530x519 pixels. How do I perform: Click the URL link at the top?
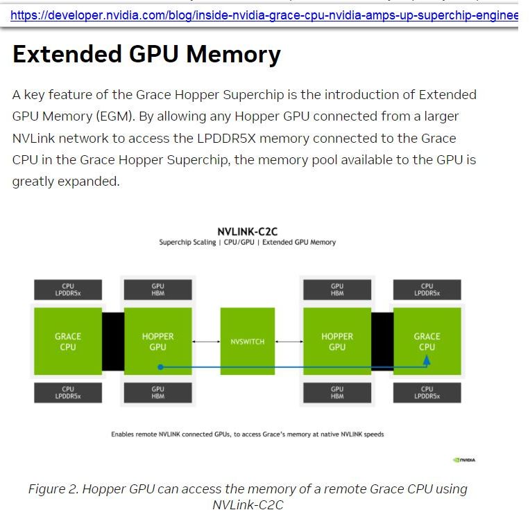click(x=264, y=15)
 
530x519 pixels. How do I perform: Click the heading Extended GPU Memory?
click(x=146, y=54)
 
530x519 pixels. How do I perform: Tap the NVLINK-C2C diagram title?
click(x=248, y=232)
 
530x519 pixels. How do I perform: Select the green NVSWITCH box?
click(x=248, y=342)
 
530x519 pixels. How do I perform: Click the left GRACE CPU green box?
click(x=68, y=342)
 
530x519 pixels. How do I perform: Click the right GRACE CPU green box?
click(x=427, y=342)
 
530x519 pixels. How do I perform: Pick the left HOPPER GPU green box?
click(x=157, y=342)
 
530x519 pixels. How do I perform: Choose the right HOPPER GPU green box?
click(x=337, y=342)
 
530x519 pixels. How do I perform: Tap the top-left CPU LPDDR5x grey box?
click(x=68, y=290)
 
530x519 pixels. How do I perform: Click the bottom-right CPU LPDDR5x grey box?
click(x=427, y=393)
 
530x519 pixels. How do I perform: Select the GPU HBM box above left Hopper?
click(x=157, y=290)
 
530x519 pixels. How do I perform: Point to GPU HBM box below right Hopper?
click(x=337, y=393)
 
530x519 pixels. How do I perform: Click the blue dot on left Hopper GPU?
click(x=160, y=367)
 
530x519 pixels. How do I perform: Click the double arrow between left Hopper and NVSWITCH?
click(x=206, y=342)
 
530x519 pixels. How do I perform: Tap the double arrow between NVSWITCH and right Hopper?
click(x=289, y=342)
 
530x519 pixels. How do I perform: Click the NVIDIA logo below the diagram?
click(x=464, y=459)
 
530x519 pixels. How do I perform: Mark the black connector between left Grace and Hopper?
click(x=113, y=342)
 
